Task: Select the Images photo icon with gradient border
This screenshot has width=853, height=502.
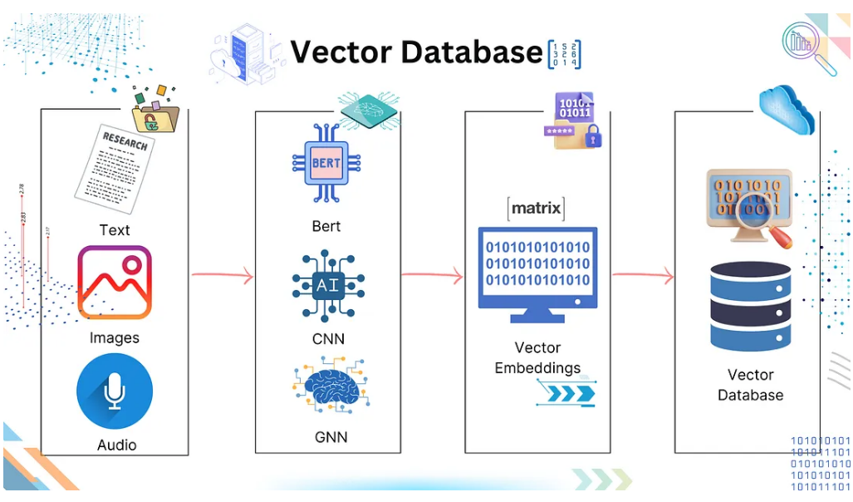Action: [x=115, y=283]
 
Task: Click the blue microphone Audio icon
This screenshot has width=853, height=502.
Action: [x=115, y=391]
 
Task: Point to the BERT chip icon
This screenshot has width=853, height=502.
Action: [x=326, y=164]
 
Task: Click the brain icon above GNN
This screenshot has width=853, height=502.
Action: [x=326, y=387]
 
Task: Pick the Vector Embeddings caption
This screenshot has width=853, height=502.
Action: [x=537, y=357]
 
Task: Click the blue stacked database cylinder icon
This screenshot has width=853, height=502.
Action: [x=749, y=306]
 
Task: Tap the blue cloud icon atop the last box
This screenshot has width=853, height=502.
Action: [x=787, y=109]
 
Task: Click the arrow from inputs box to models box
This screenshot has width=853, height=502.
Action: [x=222, y=276]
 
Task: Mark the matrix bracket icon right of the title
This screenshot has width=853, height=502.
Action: [x=565, y=54]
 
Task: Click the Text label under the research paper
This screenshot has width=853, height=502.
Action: [x=115, y=230]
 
